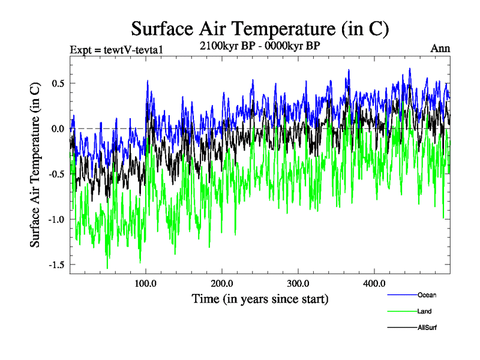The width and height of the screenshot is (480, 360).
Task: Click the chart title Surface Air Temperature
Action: point(260,28)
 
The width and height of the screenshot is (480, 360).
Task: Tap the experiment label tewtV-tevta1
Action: point(114,49)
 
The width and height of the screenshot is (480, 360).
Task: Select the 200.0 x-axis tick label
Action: point(222,284)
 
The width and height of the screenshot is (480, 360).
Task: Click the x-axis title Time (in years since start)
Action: point(260,298)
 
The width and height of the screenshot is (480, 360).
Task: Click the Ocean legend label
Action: point(427,295)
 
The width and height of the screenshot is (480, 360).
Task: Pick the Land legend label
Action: point(424,311)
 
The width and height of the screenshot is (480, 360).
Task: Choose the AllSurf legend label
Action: point(427,328)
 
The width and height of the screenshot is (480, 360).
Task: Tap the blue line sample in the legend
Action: point(403,295)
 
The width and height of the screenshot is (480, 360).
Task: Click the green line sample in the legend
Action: point(403,311)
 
